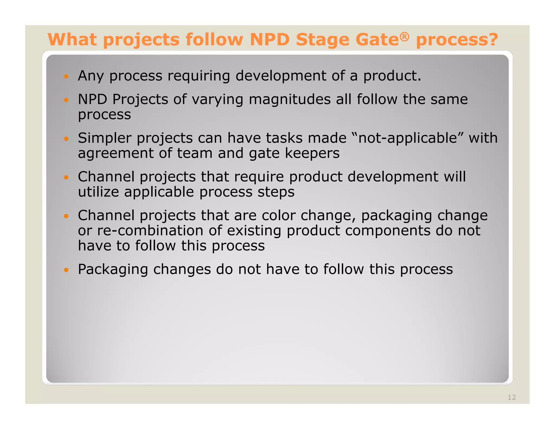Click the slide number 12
coord(512,397)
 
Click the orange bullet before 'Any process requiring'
coord(66,76)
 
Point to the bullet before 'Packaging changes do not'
coord(66,270)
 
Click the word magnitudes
coord(289,99)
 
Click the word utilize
coord(98,192)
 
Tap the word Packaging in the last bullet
coord(113,270)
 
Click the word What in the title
coord(72,40)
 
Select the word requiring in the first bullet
coord(198,76)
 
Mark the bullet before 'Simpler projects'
coord(66,139)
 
